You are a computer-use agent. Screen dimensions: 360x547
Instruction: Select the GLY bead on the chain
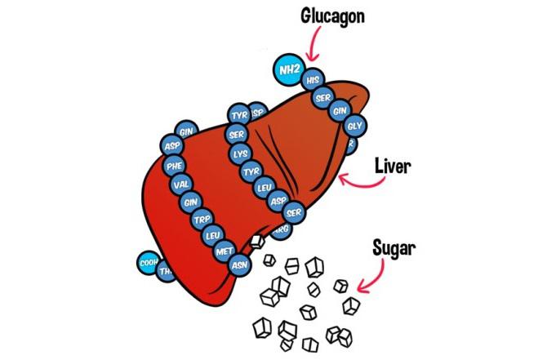point(354,126)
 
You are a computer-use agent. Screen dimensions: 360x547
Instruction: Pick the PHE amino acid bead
point(174,165)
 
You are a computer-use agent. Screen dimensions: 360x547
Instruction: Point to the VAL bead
point(182,184)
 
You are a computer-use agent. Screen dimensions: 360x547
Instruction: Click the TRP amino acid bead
point(201,220)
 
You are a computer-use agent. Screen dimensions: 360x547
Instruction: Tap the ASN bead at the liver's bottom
point(239,264)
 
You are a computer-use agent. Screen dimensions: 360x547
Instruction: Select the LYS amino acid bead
point(240,153)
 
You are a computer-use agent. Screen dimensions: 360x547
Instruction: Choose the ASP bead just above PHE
point(171,145)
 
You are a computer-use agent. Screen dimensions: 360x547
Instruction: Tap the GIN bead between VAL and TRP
point(191,202)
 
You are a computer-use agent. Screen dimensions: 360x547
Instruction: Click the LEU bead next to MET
point(213,236)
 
